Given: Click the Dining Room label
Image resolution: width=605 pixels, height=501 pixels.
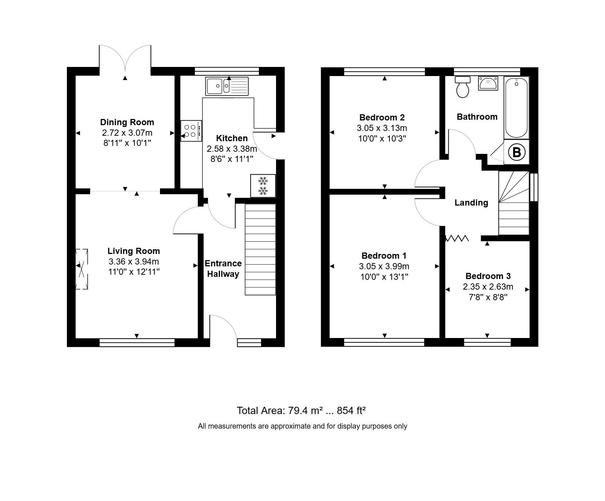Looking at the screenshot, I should pos(127,122).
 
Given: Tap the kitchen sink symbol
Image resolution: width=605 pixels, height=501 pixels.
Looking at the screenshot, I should pos(227,86).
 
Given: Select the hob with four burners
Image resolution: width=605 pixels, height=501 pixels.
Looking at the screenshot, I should pos(191,131).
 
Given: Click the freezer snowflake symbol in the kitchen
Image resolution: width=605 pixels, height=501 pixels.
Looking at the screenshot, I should pos(263,186).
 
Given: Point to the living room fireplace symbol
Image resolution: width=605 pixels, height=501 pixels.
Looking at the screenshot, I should pos(82,269).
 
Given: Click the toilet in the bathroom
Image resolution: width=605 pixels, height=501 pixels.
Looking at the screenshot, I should pos(463,87).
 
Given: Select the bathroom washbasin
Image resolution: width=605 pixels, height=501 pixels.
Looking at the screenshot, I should pos(488,84).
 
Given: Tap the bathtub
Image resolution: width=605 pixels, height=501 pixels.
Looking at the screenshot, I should pos(516,108).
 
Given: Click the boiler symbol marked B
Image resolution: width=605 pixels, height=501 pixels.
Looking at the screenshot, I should pos(516,152).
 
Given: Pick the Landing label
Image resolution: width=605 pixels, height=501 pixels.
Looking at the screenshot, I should pos(471,203).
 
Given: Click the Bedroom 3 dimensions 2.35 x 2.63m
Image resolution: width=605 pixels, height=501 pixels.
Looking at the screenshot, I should pos(488,287).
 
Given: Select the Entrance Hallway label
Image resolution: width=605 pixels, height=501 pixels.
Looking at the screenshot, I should pos(223,269).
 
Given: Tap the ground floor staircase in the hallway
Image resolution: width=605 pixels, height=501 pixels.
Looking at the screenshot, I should pos(260,249).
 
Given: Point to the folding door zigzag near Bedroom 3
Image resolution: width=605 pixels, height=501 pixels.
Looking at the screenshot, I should pos(457,239).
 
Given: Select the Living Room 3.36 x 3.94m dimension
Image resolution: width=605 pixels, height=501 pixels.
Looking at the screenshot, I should pos(133,262).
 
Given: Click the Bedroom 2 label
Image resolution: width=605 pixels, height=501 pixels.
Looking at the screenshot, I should pos(382,118).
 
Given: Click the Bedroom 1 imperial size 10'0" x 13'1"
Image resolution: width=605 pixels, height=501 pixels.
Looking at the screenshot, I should pos(384,277).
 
